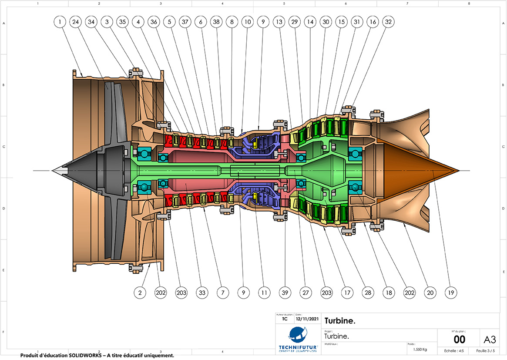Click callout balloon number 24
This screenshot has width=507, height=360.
coord(75,21)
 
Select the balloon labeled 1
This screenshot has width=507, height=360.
coord(60,21)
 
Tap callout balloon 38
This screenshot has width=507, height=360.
coord(216,21)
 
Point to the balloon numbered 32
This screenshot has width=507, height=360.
coord(388,21)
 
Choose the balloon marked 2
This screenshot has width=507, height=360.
coord(140,293)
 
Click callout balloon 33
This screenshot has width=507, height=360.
coord(201,293)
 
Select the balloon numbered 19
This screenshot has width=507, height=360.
coord(451,293)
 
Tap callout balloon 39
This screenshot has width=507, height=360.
coord(285,293)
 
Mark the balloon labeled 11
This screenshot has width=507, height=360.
coord(263,293)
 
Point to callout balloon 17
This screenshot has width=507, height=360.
coord(347,293)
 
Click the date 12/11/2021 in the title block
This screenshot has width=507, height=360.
coord(307,319)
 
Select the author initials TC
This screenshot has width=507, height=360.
coord(285,319)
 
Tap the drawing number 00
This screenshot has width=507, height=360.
coord(459,340)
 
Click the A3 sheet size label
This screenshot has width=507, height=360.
coord(490,339)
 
